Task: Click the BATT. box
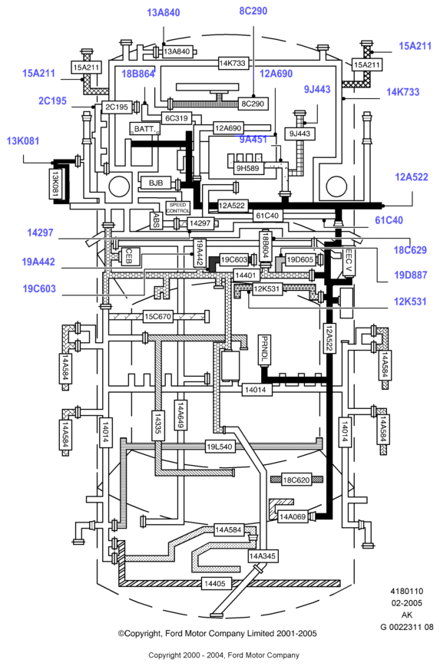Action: click(x=145, y=129)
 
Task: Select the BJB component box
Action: click(x=156, y=183)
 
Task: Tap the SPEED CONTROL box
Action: click(x=177, y=208)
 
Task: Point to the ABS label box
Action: click(x=156, y=220)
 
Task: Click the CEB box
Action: click(x=128, y=256)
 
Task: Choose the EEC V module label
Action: click(x=348, y=262)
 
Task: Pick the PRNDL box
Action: click(x=263, y=350)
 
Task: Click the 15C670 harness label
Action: click(x=157, y=316)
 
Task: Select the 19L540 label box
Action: click(x=220, y=447)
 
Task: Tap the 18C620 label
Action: click(x=296, y=480)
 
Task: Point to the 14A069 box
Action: click(x=293, y=516)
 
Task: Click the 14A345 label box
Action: click(x=263, y=556)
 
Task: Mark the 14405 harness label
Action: click(x=215, y=583)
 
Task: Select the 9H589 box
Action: click(x=247, y=168)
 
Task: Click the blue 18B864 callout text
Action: click(x=137, y=74)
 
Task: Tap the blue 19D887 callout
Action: click(x=410, y=275)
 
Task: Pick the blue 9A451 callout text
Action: click(x=253, y=140)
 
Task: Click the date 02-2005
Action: click(x=406, y=603)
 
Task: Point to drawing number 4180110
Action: click(x=407, y=591)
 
